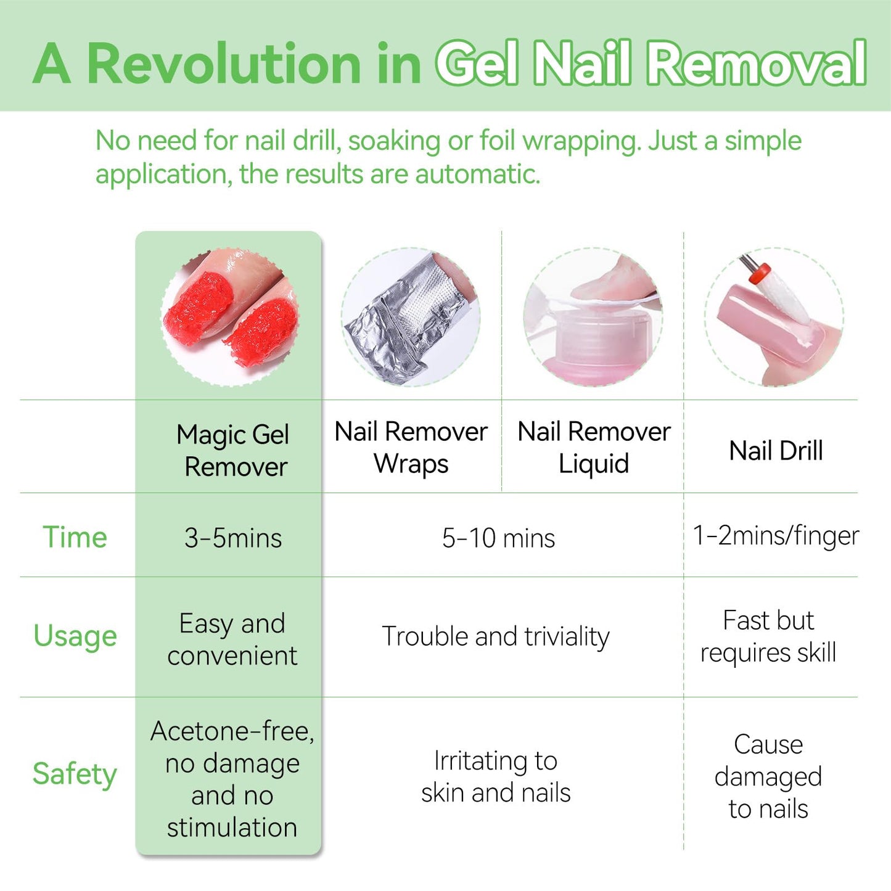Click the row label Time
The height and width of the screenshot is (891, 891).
point(75,537)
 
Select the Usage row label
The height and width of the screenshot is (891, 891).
point(75,636)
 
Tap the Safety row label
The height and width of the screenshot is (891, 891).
point(75,774)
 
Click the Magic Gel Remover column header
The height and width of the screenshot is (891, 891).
point(232,451)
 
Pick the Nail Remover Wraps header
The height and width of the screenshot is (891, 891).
point(411,448)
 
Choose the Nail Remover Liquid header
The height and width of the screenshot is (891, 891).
point(594,448)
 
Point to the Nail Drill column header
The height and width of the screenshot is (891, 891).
point(776,451)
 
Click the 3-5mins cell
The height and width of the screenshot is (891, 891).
point(232,538)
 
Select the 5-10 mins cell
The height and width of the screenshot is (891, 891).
point(498,538)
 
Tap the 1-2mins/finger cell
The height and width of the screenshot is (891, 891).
point(776,535)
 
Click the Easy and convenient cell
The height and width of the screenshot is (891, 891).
point(232,639)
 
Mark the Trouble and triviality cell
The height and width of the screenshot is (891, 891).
point(496,636)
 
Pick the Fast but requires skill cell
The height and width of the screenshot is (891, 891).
point(768,636)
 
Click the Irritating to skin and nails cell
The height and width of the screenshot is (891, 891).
point(496,776)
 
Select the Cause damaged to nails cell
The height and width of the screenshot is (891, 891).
point(768,776)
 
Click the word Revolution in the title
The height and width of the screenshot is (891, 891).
point(224,64)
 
